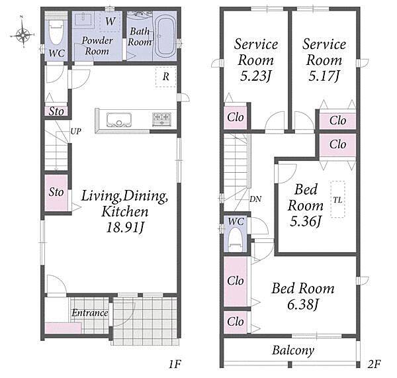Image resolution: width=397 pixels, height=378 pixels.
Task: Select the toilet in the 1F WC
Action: coord(56,33)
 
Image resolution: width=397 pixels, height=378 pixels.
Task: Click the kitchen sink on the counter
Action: coord(119,120)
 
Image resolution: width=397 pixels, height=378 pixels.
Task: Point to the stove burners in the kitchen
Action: coord(161,120)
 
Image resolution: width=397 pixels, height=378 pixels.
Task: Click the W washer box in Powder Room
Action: coord(110,21)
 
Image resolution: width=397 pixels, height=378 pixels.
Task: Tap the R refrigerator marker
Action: coord(165,77)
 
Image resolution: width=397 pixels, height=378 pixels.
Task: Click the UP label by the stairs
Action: coord(75,131)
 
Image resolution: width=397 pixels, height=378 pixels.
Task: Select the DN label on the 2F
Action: coord(255,199)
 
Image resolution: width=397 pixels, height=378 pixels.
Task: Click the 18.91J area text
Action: coord(125,227)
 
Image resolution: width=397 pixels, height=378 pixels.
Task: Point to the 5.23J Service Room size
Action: coord(255,75)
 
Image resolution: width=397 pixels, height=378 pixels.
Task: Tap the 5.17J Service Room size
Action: coord(324,75)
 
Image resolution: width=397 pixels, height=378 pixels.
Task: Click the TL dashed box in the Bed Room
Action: coord(337,199)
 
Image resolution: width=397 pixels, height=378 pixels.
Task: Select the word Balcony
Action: coord(293,350)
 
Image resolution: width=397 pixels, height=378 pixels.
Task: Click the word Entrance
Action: coord(90,313)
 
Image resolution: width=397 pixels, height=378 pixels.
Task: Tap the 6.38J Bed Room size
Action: coord(302,305)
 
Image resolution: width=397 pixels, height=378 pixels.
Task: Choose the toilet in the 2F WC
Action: coord(235,240)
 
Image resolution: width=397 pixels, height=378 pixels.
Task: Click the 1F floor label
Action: coord(175,364)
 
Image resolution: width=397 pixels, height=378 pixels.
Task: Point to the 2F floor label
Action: coord(374,364)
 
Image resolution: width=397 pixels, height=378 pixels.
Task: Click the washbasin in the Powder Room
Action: coord(83,19)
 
